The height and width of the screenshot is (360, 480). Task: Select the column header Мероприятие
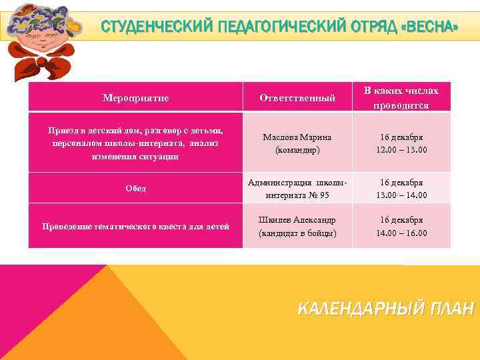pos(135,98)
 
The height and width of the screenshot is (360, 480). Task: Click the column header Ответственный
pos(297,98)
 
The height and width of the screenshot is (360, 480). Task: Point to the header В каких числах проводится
pos(401,97)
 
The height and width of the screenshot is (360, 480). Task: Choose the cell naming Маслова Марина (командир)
pos(297,143)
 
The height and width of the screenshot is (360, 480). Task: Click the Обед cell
pos(135,189)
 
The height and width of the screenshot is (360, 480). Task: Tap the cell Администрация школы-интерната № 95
pos(297,189)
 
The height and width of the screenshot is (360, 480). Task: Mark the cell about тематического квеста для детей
pos(135,227)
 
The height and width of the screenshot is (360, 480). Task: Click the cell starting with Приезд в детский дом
pos(135,143)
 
